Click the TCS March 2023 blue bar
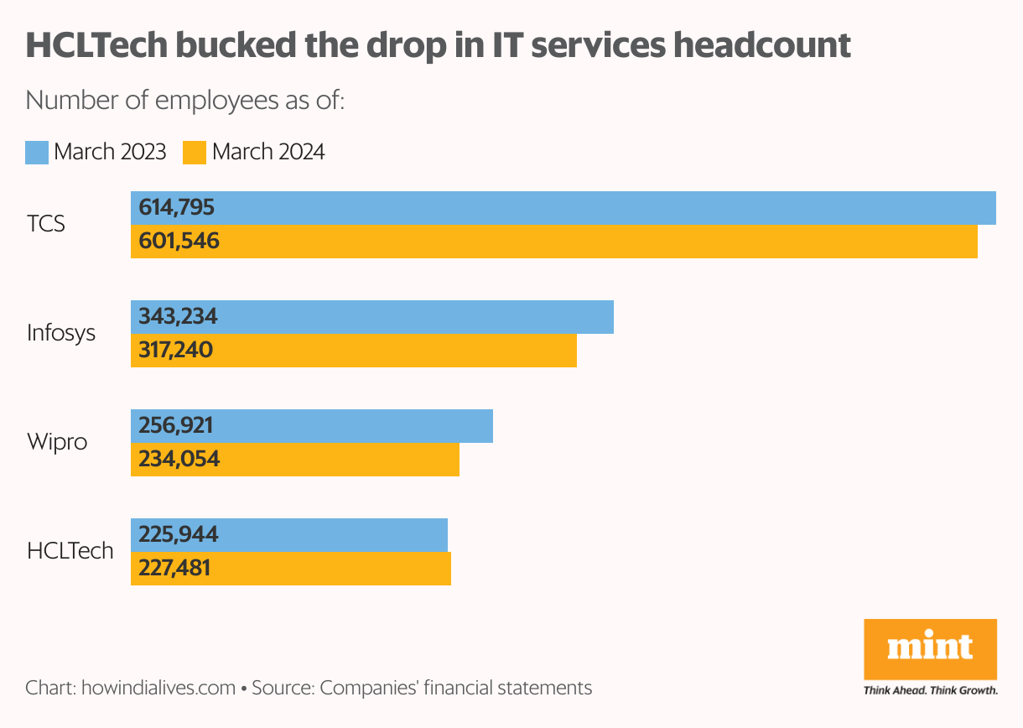pyautogui.click(x=563, y=208)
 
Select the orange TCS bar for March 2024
pyautogui.click(x=554, y=242)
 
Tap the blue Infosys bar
pyautogui.click(x=372, y=317)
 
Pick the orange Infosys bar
pyautogui.click(x=354, y=351)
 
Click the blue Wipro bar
pyautogui.click(x=312, y=426)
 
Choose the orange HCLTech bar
pyautogui.click(x=291, y=569)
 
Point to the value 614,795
pyautogui.click(x=177, y=208)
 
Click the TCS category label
pyautogui.click(x=46, y=225)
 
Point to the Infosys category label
pyautogui.click(x=61, y=334)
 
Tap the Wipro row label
pyautogui.click(x=57, y=442)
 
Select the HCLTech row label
pyautogui.click(x=70, y=551)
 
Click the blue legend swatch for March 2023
pyautogui.click(x=37, y=153)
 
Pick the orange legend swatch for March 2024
pyautogui.click(x=195, y=153)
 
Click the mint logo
pyautogui.click(x=930, y=648)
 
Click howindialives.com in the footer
pyautogui.click(x=158, y=689)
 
